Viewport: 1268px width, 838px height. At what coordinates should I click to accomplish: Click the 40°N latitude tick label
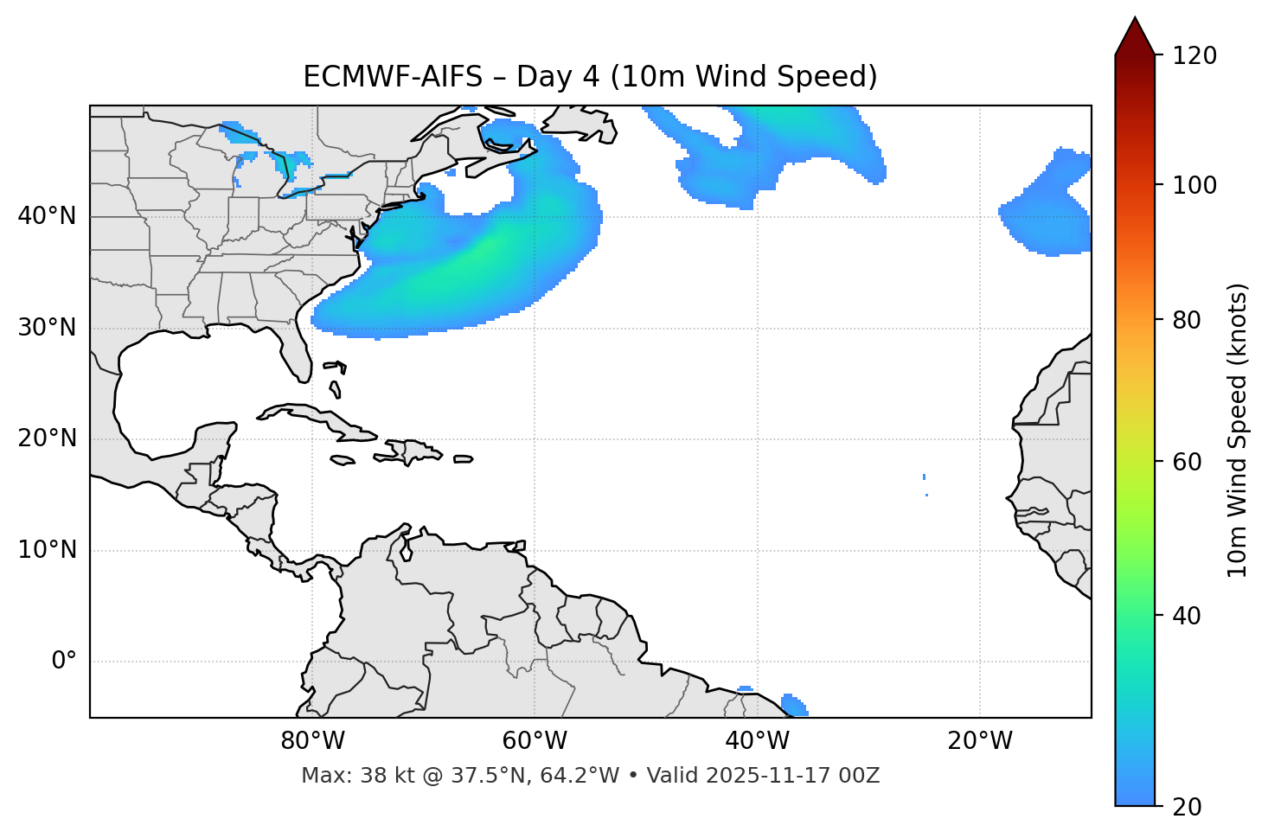click(47, 216)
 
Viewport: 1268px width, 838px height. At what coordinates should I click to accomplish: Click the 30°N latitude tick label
click(47, 328)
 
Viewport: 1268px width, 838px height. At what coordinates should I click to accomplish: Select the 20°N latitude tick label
click(47, 438)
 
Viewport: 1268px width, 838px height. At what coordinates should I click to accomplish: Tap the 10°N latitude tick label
click(47, 550)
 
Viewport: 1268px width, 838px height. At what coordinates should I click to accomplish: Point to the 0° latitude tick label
click(64, 662)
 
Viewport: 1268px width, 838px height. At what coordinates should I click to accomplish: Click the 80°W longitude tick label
click(312, 741)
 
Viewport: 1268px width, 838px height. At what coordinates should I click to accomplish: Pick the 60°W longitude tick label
click(535, 741)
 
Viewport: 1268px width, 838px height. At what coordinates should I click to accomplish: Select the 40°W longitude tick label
click(757, 741)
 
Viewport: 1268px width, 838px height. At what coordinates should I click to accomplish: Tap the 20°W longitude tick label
click(980, 741)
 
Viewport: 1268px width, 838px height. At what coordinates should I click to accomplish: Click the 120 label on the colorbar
click(1194, 56)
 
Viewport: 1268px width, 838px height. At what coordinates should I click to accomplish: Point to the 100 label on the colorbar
click(1194, 185)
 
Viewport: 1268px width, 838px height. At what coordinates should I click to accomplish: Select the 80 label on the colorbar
click(1188, 320)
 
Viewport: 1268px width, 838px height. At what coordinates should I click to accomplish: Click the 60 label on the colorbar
click(1188, 462)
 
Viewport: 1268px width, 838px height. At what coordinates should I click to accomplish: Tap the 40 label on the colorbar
click(1188, 616)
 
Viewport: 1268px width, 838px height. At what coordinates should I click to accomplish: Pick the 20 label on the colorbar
click(1188, 807)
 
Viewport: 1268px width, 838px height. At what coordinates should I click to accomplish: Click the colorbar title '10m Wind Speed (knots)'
click(1238, 430)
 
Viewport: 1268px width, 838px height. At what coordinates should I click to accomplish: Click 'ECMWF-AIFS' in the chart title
click(393, 77)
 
